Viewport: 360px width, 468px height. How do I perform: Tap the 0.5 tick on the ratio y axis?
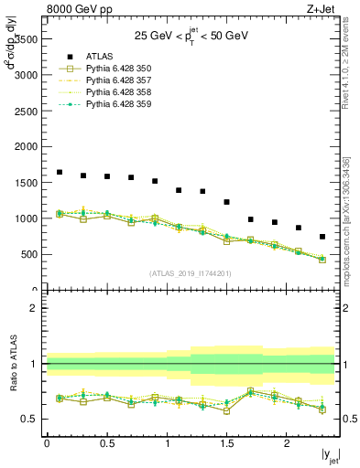tap(31, 420)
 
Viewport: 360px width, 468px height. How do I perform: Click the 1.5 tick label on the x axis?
tap(226, 442)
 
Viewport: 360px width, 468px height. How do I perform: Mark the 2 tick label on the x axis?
tap(287, 442)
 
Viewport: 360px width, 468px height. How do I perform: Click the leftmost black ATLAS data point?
tap(60, 172)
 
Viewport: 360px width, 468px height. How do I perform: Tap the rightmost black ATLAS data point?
tap(322, 237)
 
